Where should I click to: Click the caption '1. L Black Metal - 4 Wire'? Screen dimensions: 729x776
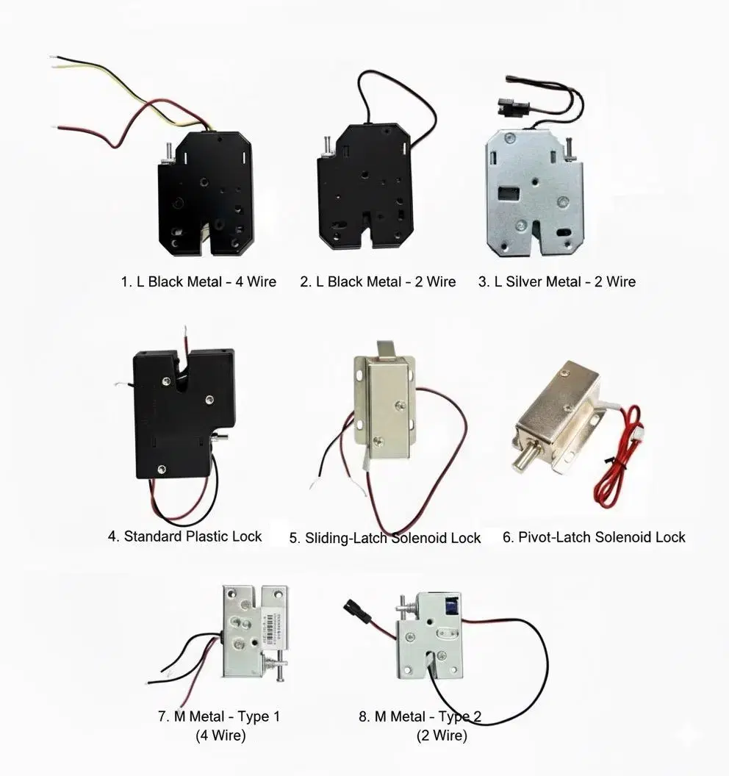pos(198,281)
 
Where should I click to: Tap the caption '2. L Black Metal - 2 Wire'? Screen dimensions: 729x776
pos(378,281)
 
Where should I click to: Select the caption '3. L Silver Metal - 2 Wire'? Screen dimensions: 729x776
pos(557,281)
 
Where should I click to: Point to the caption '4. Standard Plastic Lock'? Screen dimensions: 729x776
pos(184,536)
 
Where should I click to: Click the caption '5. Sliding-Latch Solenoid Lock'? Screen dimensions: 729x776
pos(384,538)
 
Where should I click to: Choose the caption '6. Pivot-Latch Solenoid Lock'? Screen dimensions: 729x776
pos(594,537)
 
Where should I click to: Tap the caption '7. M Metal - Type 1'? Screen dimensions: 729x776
pos(219,716)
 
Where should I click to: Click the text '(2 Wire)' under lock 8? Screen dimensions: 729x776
pos(442,736)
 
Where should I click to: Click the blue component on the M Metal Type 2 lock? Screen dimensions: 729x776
pos(451,606)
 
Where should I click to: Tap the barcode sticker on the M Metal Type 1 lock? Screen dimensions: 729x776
pos(270,628)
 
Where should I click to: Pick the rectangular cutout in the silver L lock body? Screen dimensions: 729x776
pos(509,193)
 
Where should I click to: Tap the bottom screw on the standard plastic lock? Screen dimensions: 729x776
pos(162,469)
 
